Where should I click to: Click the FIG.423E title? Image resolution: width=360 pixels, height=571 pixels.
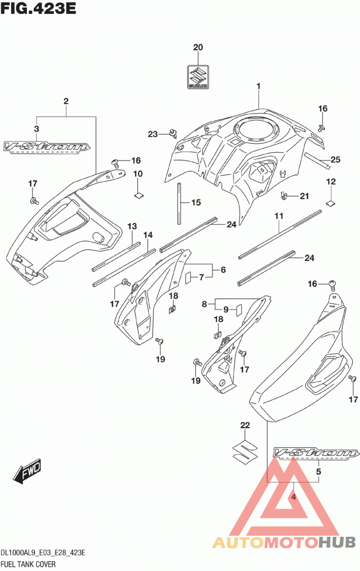pyautogui.click(x=38, y=9)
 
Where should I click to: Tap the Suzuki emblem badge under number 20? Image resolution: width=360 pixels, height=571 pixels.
pyautogui.click(x=198, y=77)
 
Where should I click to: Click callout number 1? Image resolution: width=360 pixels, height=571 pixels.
pyautogui.click(x=259, y=86)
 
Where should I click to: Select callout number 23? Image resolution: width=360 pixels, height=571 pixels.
pyautogui.click(x=153, y=134)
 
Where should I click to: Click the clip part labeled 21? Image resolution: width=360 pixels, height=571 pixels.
pyautogui.click(x=283, y=196)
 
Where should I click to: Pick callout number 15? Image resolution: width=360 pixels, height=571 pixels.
pyautogui.click(x=196, y=202)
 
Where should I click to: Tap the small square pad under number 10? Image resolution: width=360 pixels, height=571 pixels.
pyautogui.click(x=139, y=196)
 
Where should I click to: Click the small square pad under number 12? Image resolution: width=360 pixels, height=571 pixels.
pyautogui.click(x=330, y=203)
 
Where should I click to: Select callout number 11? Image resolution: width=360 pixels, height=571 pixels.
pyautogui.click(x=279, y=216)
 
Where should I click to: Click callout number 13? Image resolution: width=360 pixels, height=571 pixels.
pyautogui.click(x=132, y=226)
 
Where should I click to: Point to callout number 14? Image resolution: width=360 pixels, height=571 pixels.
pyautogui.click(x=148, y=235)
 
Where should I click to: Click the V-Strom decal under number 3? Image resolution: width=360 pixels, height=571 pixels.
pyautogui.click(x=46, y=147)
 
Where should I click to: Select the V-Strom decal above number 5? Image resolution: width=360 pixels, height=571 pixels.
pyautogui.click(x=316, y=453)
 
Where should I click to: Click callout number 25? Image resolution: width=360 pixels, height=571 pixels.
pyautogui.click(x=335, y=160)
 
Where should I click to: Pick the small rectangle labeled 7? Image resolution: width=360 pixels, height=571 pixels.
pyautogui.click(x=188, y=278)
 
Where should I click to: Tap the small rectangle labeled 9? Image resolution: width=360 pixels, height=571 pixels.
pyautogui.click(x=239, y=310)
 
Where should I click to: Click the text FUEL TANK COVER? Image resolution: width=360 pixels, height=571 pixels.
pyautogui.click(x=28, y=564)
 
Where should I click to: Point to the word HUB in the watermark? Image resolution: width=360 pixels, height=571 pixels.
pyautogui.click(x=337, y=543)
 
